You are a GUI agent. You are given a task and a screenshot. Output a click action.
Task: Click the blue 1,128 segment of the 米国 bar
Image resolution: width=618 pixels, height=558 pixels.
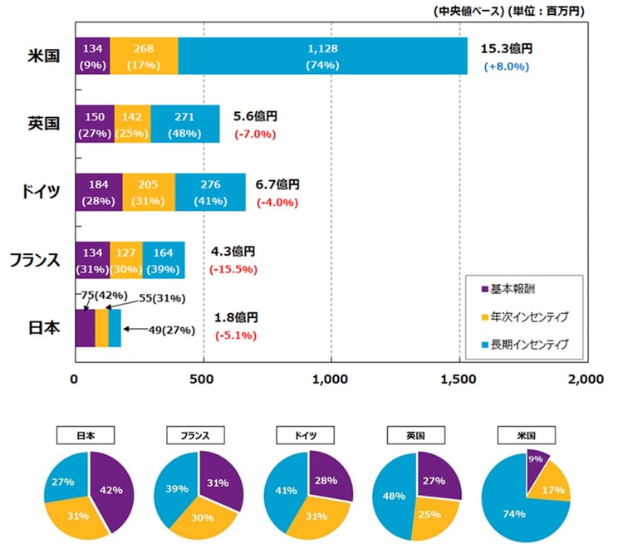click(x=322, y=56)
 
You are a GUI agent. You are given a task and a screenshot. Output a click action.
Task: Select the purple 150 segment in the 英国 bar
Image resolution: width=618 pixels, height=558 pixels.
click(x=94, y=125)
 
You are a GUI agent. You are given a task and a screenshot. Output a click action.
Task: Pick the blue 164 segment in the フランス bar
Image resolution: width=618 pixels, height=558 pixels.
click(x=164, y=260)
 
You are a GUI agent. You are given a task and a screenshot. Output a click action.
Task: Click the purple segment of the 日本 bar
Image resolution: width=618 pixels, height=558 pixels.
click(x=84, y=328)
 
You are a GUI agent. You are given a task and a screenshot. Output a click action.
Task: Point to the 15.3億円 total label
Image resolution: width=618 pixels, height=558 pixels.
click(x=504, y=49)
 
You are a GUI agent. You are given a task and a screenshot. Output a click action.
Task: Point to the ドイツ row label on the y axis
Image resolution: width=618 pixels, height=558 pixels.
click(x=42, y=193)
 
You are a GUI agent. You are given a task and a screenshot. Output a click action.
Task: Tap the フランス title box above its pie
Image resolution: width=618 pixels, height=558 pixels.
click(x=199, y=434)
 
